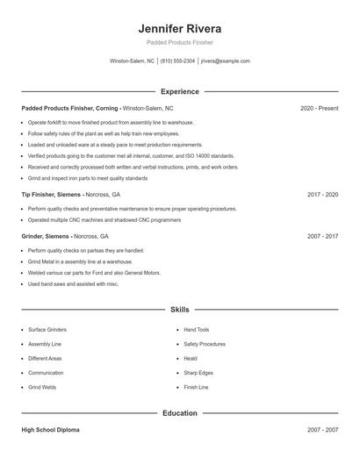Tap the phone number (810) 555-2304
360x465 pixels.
(178, 61)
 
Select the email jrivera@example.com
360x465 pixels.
(226, 61)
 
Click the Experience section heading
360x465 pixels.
(180, 91)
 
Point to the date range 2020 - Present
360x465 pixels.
(319, 108)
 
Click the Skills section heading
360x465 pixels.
(180, 309)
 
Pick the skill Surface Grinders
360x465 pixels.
(47, 330)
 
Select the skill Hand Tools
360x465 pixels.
(196, 330)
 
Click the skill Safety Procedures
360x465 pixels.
(205, 344)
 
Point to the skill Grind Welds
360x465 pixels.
(42, 387)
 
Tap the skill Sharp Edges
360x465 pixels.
(198, 373)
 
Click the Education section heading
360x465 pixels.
(180, 412)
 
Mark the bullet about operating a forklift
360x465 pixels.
(111, 123)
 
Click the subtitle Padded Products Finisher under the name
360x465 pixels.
(180, 42)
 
